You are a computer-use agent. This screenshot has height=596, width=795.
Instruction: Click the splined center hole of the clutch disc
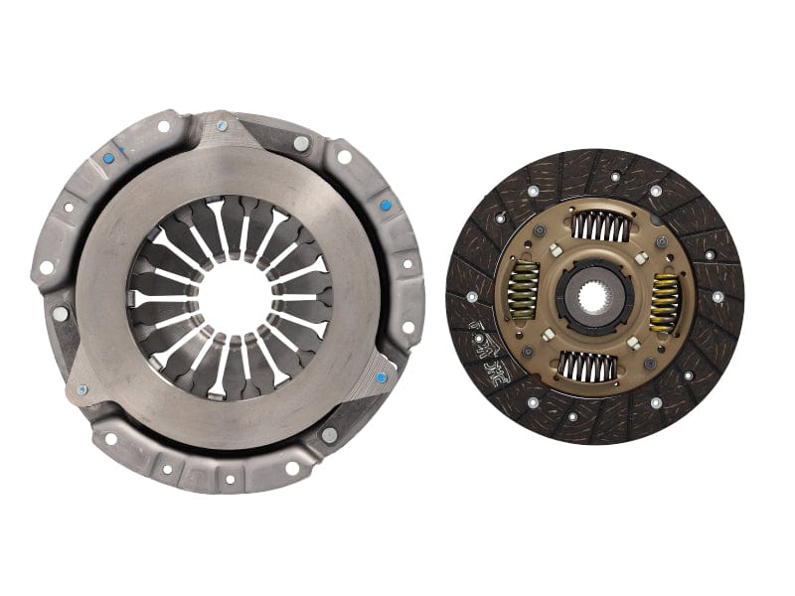[x=594, y=296]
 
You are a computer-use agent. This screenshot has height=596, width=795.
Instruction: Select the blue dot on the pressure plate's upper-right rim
[x=386, y=206]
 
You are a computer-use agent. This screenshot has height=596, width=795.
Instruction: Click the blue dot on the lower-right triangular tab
[x=381, y=377]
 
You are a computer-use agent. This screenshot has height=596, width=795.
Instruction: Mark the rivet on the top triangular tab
[x=221, y=126]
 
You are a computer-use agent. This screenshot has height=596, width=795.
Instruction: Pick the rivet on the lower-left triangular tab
[x=81, y=389]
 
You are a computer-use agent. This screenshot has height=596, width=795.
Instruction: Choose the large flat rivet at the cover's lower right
[x=329, y=435]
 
